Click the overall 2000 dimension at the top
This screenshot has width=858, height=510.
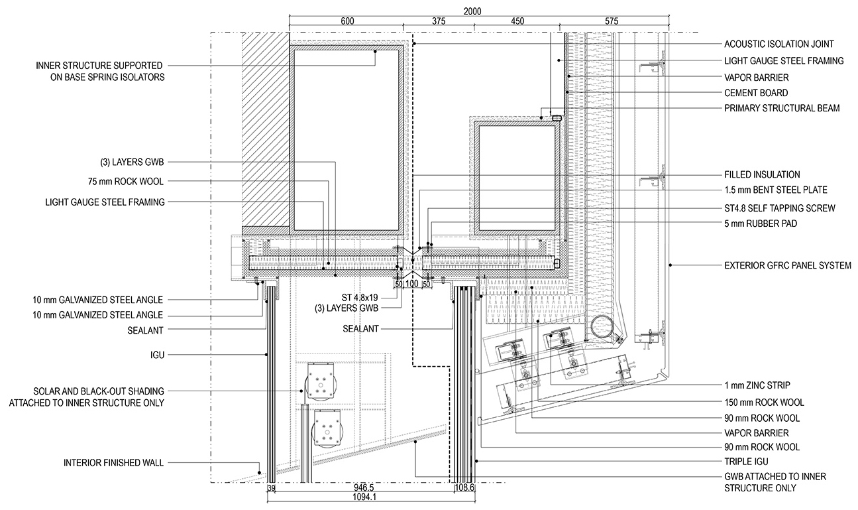pyautogui.click(x=472, y=11)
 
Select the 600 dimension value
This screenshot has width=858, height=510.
pyautogui.click(x=347, y=21)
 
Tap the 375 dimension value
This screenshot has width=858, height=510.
pyautogui.click(x=439, y=21)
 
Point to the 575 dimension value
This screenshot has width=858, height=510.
pyautogui.click(x=612, y=21)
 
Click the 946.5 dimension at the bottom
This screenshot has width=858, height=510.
pyautogui.click(x=364, y=487)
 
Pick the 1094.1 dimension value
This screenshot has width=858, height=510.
pyautogui.click(x=364, y=497)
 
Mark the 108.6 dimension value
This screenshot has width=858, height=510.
pyautogui.click(x=464, y=487)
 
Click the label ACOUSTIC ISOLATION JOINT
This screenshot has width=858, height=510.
pyautogui.click(x=778, y=44)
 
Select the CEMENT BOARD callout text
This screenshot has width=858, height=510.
pyautogui.click(x=756, y=93)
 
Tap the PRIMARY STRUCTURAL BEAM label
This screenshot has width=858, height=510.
pyautogui.click(x=782, y=108)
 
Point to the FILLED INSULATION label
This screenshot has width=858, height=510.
pyautogui.click(x=762, y=174)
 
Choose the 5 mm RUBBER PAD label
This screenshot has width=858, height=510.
pyautogui.click(x=761, y=223)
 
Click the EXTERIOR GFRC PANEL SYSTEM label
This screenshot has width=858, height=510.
pyautogui.click(x=788, y=265)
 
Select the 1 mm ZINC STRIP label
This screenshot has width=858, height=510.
pyautogui.click(x=757, y=385)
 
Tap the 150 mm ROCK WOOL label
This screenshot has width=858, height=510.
pyautogui.click(x=764, y=403)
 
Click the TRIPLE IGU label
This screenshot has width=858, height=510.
pyautogui.click(x=746, y=462)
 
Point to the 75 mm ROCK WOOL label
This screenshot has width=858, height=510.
pyautogui.click(x=126, y=181)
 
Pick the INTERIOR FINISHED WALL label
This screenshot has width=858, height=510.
pyautogui.click(x=113, y=463)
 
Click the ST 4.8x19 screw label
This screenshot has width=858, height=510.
pyautogui.click(x=360, y=297)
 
